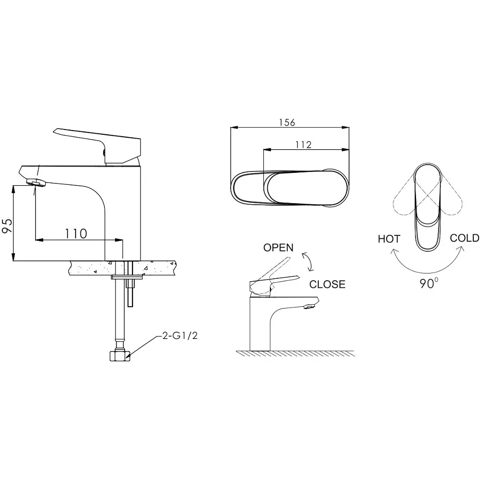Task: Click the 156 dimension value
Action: click(x=287, y=122)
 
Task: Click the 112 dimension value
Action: click(x=303, y=144)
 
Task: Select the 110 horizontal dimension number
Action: click(x=76, y=234)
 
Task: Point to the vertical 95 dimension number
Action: click(x=8, y=226)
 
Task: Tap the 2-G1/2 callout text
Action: click(x=180, y=336)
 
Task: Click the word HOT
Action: click(x=389, y=239)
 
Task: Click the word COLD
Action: click(x=465, y=238)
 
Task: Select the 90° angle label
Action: click(x=429, y=283)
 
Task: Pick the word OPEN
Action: click(x=278, y=247)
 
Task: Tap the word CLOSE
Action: click(x=327, y=285)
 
